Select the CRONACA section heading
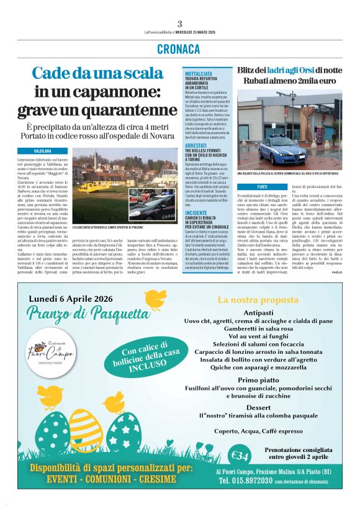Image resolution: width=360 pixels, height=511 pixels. pos(179,48)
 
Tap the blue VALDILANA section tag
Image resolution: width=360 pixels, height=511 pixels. pos(42,151)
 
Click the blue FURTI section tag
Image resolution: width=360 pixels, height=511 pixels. pos(263,186)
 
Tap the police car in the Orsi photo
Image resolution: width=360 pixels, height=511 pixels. pos(282,151)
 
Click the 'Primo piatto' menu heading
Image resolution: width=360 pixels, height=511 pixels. pos(259,379)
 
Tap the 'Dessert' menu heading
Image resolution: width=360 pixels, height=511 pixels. pos(259,407)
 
